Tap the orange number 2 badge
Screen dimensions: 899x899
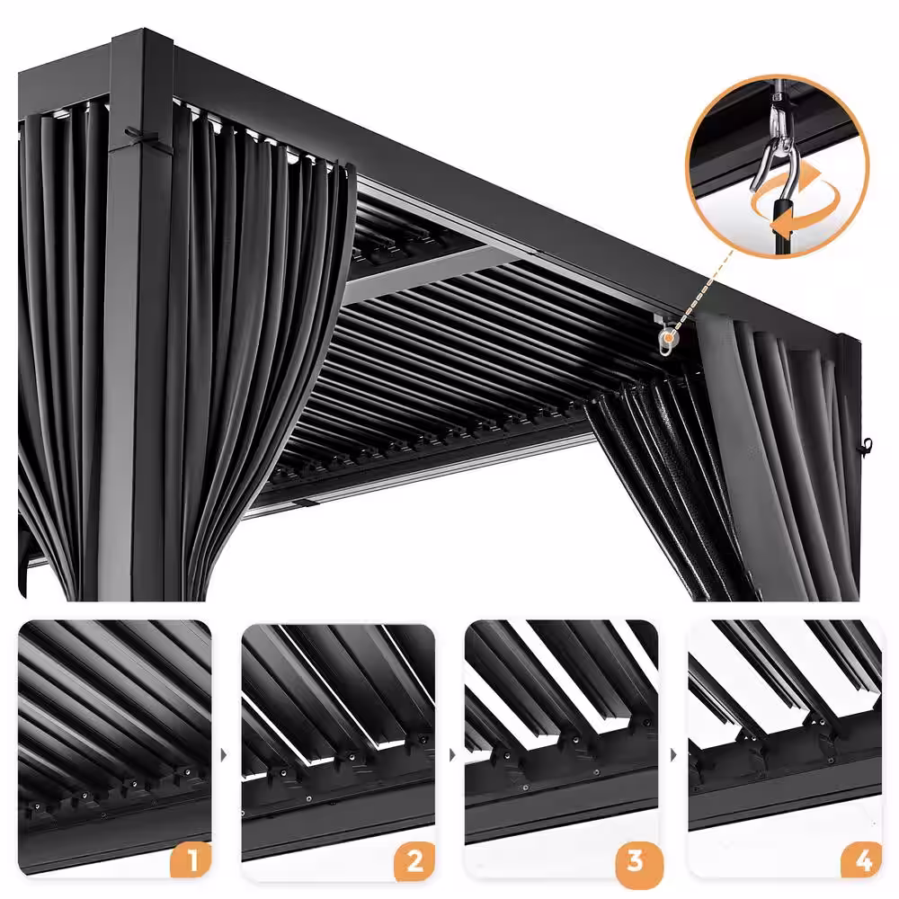pos(414,860)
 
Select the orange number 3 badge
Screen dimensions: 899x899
pos(636,861)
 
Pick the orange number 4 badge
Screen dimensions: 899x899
pos(861,860)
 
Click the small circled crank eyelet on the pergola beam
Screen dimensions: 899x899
pos(667,340)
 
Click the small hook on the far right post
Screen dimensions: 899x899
pos(867,445)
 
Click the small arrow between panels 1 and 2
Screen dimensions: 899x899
pos(224,755)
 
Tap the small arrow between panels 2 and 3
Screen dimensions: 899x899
pos(452,755)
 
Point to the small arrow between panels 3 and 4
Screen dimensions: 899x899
pos(673,755)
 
